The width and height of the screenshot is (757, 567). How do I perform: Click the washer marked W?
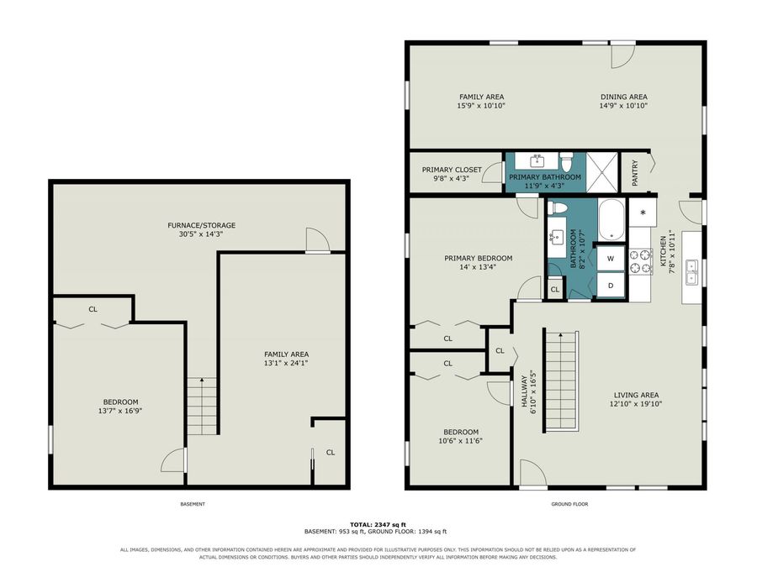pos(611,259)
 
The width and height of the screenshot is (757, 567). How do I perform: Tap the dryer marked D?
pos(611,286)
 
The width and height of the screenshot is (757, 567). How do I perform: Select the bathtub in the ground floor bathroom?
pos(611,220)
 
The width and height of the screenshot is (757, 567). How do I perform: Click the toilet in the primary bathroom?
pos(566,162)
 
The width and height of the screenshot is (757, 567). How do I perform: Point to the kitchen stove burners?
pos(641,261)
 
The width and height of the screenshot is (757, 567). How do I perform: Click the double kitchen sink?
pos(691,272)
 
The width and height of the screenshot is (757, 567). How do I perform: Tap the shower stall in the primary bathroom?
pos(601,172)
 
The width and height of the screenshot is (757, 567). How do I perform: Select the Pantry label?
pos(635,172)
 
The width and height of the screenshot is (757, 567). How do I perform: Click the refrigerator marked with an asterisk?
pos(643,213)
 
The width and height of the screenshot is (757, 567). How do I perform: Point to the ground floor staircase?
pos(562,381)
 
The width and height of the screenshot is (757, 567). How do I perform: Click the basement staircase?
pos(202,407)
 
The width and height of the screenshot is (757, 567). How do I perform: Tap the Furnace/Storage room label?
pos(201,225)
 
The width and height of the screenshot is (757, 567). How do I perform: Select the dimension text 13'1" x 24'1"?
pos(286,363)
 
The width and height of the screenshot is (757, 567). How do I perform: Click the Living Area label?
pos(636,395)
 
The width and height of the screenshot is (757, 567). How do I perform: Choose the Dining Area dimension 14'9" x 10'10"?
pos(624,106)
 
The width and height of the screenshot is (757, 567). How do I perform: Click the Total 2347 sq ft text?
pos(378,524)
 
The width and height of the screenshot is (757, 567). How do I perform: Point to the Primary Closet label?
pos(452,170)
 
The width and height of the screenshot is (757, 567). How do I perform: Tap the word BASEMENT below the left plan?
pos(193,504)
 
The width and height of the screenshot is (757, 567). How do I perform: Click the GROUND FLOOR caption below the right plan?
pos(569,504)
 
